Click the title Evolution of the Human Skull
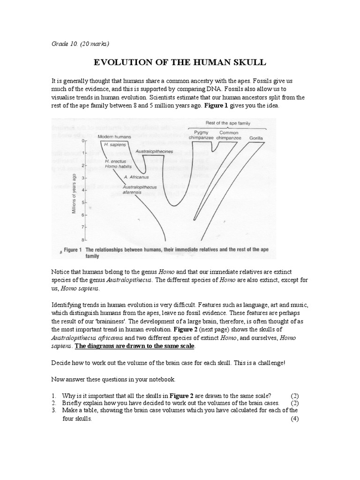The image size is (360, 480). [180, 63]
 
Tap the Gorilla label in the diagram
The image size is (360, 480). [256, 138]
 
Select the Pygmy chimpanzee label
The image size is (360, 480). [201, 135]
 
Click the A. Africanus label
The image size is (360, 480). [136, 177]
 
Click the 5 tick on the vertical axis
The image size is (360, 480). [83, 202]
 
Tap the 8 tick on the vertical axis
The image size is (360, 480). [83, 240]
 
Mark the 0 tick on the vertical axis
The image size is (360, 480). [83, 141]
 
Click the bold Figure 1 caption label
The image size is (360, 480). [73, 250]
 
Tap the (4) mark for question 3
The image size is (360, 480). [294, 419]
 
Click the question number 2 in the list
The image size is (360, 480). [54, 403]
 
